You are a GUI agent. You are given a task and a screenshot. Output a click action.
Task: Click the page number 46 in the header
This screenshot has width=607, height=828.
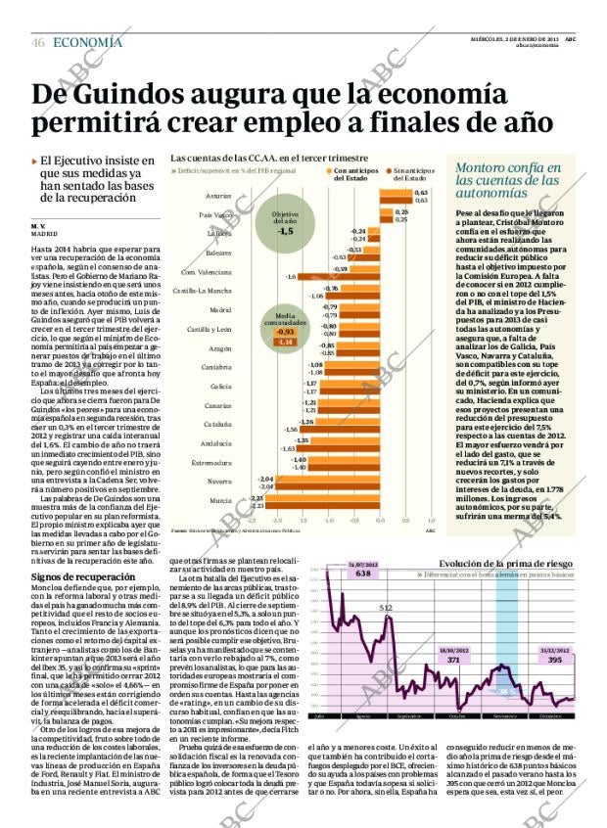click(x=38, y=43)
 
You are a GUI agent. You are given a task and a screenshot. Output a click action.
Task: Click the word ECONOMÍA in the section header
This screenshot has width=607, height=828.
click(x=87, y=42)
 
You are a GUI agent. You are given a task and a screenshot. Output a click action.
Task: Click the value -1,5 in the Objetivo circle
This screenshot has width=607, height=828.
click(x=285, y=233)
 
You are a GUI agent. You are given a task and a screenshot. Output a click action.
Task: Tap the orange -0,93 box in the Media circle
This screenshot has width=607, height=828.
click(x=285, y=332)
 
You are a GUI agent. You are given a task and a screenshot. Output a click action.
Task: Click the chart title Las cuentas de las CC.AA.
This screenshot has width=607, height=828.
click(x=255, y=158)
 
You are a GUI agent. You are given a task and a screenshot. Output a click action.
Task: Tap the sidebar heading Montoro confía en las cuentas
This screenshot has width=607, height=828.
click(x=507, y=180)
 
